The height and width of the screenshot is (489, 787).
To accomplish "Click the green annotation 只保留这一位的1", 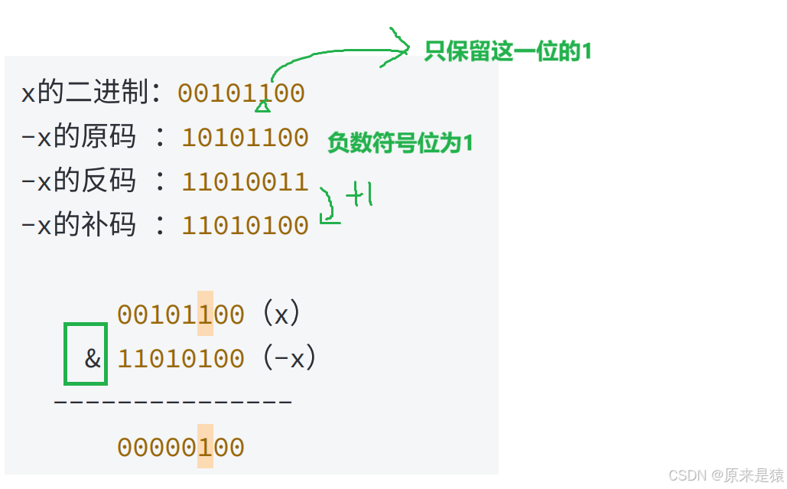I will pyautogui.click(x=508, y=51).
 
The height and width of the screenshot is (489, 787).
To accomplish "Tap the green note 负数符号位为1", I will pyautogui.click(x=400, y=142).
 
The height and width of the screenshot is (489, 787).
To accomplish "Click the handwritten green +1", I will pyautogui.click(x=359, y=196).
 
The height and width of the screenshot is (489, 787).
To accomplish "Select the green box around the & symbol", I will pyautogui.click(x=86, y=354).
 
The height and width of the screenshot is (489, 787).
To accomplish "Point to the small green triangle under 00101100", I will pyautogui.click(x=262, y=106).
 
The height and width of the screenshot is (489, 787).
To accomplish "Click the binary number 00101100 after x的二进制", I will pyautogui.click(x=242, y=93).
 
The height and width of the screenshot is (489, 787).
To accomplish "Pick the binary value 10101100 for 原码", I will pyautogui.click(x=245, y=138).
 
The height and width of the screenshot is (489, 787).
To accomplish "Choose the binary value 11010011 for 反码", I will pyautogui.click(x=245, y=181).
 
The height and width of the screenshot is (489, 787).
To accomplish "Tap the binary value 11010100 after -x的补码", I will pyautogui.click(x=245, y=225).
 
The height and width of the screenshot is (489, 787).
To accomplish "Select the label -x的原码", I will pyautogui.click(x=78, y=138).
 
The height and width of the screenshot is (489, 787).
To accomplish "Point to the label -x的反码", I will pyautogui.click(x=78, y=181).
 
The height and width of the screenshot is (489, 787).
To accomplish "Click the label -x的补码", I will pyautogui.click(x=78, y=225).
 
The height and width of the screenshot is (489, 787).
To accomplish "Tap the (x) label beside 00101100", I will pyautogui.click(x=281, y=314).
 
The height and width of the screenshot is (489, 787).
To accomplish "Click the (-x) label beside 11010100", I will pyautogui.click(x=289, y=357).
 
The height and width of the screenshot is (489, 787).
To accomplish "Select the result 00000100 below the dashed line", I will pyautogui.click(x=180, y=447).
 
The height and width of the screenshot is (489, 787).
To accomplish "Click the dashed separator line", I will pyautogui.click(x=173, y=400).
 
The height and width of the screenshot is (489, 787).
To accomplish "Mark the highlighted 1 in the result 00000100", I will pyautogui.click(x=205, y=447).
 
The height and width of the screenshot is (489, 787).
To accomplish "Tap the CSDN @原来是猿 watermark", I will pyautogui.click(x=726, y=475).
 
